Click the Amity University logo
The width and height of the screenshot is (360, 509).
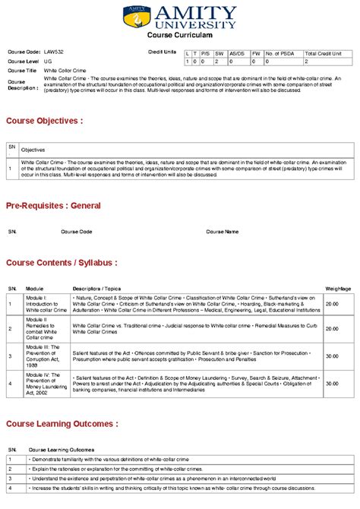click(179, 16)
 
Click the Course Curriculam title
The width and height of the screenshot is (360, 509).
click(179, 36)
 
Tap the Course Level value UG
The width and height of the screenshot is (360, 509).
click(48, 61)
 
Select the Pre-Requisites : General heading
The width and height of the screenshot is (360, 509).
click(53, 205)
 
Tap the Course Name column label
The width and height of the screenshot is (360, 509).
click(222, 232)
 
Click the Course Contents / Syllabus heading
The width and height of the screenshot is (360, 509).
click(62, 262)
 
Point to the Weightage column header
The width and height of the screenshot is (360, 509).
click(338, 289)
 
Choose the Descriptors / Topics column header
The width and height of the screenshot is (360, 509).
click(96, 289)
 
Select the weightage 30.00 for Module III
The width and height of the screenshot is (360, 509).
click(332, 356)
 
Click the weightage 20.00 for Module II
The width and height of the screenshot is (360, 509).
click(332, 328)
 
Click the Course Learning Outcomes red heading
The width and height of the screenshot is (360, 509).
click(62, 423)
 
